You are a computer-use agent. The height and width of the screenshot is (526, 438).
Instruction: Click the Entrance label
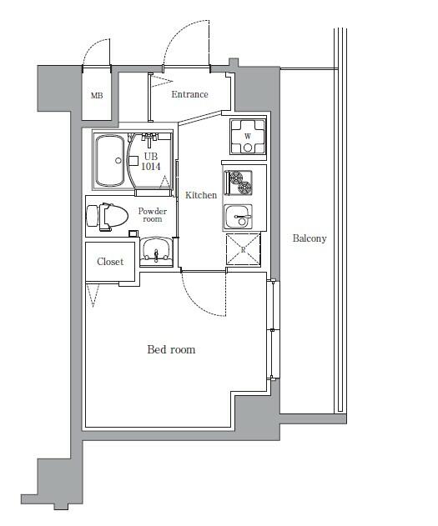(x=189, y=94)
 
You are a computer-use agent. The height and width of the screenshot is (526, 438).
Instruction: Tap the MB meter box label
(x=97, y=96)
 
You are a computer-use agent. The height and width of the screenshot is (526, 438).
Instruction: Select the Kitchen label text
(x=201, y=195)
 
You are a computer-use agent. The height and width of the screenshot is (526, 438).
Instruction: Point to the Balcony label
(x=310, y=238)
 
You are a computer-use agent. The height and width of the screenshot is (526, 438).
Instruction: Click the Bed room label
(x=171, y=349)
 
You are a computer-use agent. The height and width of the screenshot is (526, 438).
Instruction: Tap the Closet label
(x=110, y=262)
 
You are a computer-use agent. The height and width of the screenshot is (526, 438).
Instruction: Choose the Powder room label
(x=153, y=215)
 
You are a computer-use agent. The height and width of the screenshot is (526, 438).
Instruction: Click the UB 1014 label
(x=151, y=162)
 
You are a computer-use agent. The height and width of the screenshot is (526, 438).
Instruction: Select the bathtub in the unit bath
(x=109, y=160)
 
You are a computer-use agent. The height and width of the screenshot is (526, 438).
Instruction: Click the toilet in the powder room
(x=108, y=217)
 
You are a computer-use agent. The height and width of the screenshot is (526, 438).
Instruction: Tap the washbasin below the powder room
(x=156, y=251)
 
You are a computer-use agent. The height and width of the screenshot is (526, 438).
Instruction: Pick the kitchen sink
(x=238, y=217)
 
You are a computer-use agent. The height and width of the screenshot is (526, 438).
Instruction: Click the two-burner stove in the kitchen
(x=238, y=183)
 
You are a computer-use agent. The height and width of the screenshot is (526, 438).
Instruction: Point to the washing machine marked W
(x=248, y=136)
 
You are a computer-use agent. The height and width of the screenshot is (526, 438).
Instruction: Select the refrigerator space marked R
(x=244, y=250)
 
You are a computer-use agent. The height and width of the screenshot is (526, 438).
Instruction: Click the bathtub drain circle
(x=118, y=161)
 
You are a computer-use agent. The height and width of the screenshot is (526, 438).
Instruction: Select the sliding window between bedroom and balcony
(x=273, y=330)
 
